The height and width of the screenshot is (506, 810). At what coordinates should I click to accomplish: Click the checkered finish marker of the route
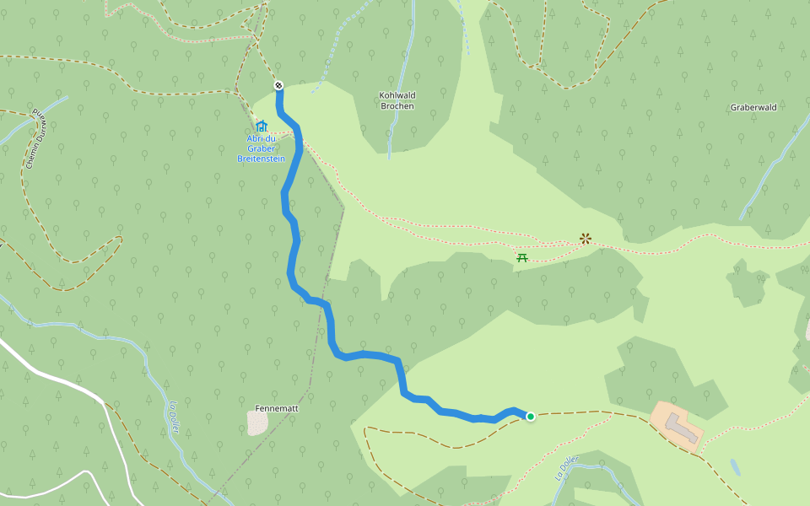(278, 85)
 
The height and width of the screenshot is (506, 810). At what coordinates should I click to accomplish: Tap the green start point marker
(531, 416)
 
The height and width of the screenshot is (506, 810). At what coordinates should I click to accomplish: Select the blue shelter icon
(261, 126)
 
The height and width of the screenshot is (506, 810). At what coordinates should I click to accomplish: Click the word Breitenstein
(261, 158)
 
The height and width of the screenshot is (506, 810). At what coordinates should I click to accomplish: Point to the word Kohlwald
(397, 95)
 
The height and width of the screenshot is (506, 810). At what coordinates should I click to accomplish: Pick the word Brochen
(397, 106)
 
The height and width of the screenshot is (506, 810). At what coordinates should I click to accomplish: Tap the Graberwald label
(753, 108)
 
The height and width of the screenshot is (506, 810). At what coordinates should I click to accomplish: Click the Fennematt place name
(277, 408)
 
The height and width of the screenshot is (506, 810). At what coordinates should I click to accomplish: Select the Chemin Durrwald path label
(34, 139)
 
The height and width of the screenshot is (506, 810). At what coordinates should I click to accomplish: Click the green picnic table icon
(522, 257)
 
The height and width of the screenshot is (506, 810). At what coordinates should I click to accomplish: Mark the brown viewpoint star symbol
(585, 239)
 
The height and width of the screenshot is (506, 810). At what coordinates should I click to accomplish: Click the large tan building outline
(678, 427)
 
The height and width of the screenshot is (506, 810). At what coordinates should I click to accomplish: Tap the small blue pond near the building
(735, 466)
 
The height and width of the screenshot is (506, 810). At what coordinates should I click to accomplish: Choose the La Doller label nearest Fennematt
(175, 417)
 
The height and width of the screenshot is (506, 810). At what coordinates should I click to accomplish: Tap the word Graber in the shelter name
(261, 148)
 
